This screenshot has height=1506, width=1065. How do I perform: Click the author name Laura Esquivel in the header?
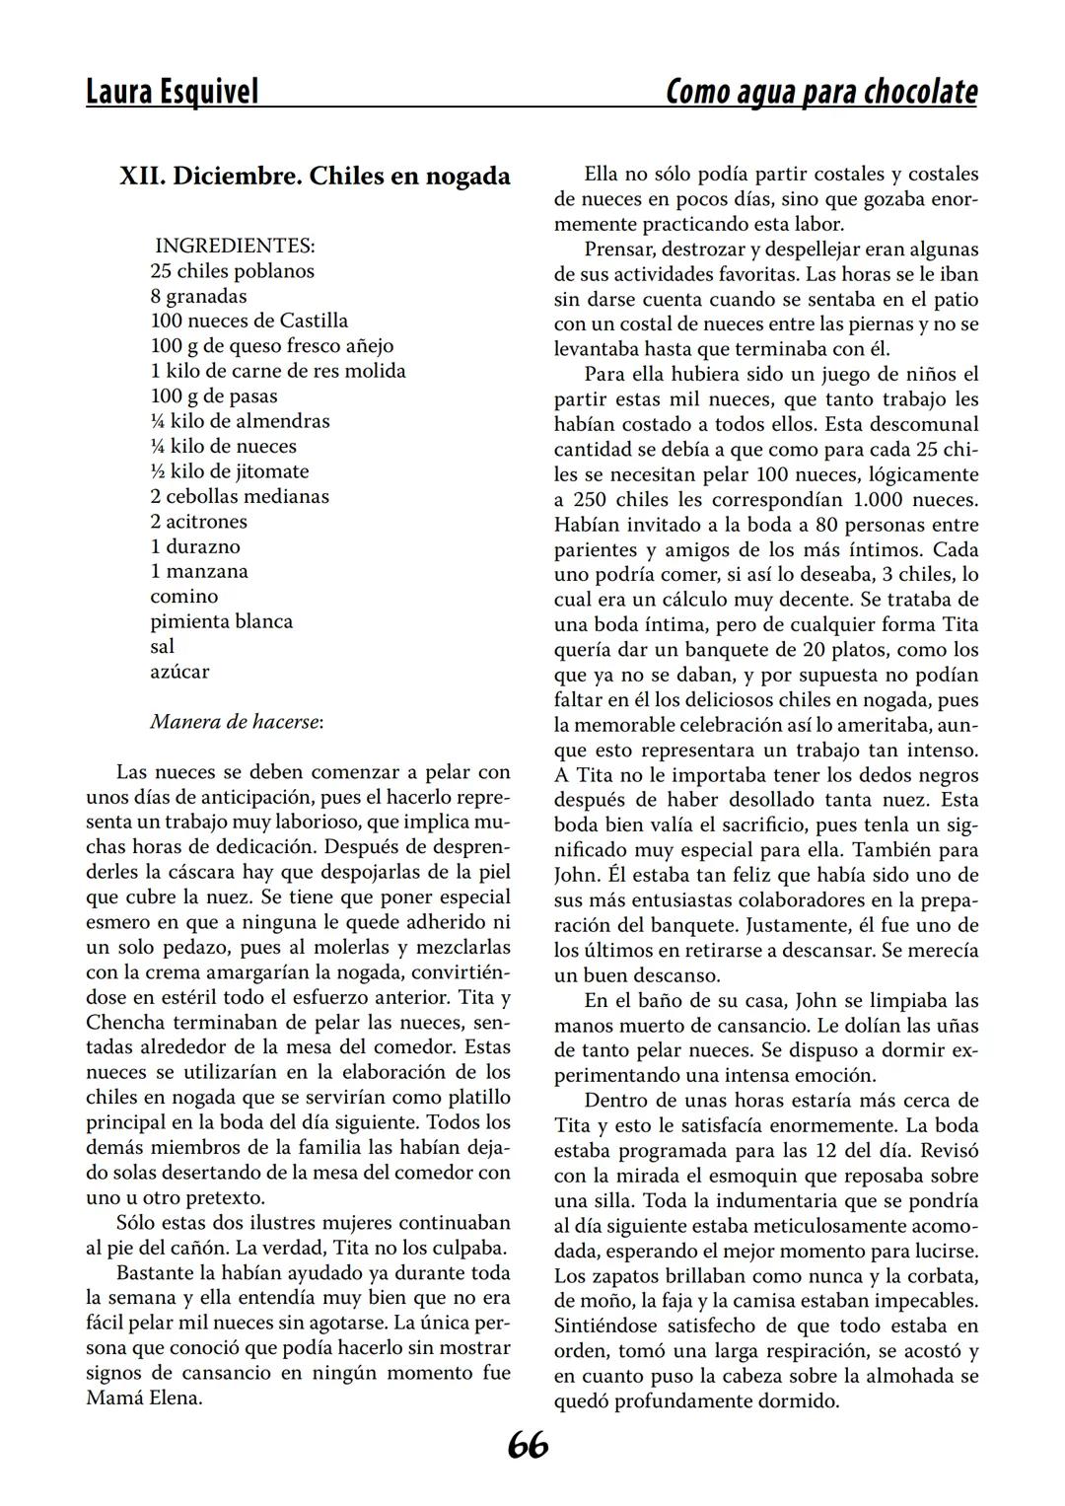173,92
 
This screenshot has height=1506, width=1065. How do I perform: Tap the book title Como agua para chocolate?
821,92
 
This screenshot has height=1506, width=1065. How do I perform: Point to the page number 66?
529,1445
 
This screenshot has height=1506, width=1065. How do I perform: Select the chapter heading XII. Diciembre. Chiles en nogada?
315,176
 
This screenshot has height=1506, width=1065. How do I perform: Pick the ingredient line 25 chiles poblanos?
232,270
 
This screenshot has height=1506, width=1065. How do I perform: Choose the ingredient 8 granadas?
198,296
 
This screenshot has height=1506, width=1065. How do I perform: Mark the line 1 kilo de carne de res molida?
277,371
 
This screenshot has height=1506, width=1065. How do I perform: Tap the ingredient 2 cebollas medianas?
240,496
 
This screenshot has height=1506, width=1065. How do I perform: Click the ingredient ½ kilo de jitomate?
229,471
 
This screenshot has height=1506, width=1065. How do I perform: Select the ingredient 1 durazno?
195,546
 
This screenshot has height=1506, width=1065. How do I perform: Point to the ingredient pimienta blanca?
221,621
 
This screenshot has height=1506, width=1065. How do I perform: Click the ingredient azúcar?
179,672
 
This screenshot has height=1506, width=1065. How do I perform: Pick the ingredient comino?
184,597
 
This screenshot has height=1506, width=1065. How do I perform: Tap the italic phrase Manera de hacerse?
235,722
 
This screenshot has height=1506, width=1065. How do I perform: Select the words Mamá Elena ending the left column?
144,1398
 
